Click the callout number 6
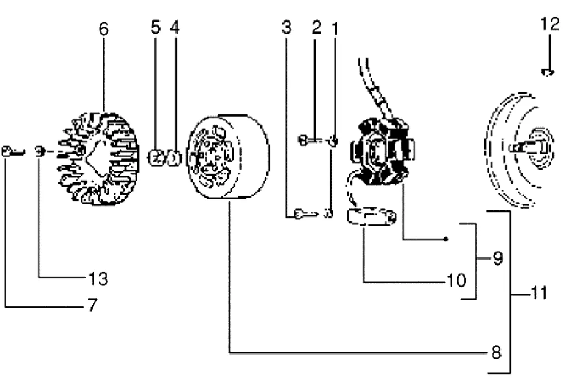pos(103,29)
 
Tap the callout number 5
pos(156,27)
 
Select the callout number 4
pos(175,27)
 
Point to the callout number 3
pos(286,27)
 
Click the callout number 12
pos(550,24)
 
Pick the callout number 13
pos(98,278)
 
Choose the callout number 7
pos(93,305)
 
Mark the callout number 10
pos(456,280)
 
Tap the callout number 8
pos(497,352)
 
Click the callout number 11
pos(539,293)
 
